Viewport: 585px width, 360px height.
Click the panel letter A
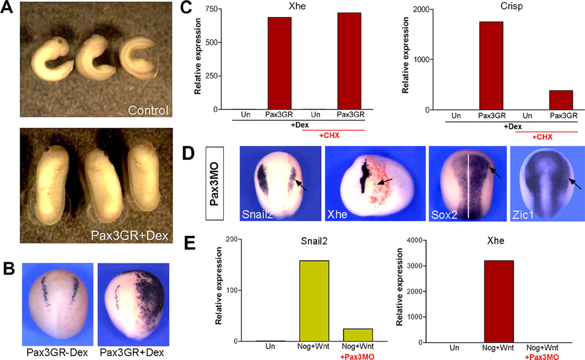pyautogui.click(x=9, y=9)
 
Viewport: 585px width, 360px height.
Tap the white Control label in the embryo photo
pyautogui.click(x=148, y=110)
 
